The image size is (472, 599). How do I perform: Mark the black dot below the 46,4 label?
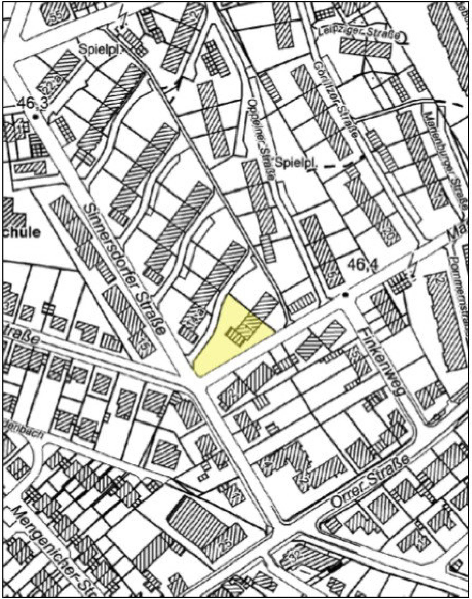[x=345, y=295]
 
